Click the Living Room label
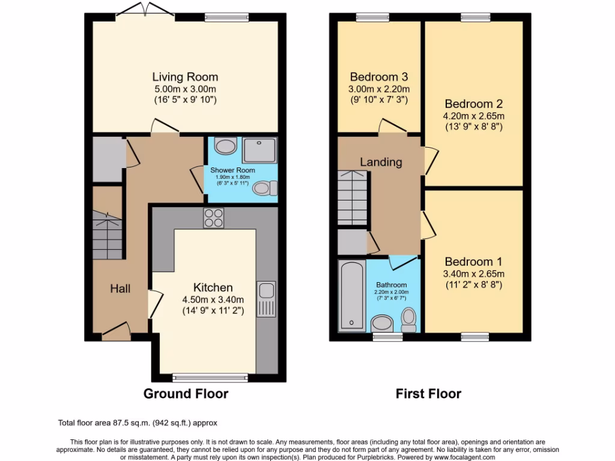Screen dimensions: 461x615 click(x=185, y=77)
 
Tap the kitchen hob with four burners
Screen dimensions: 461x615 click(x=214, y=218)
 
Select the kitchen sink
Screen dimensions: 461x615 click(x=265, y=298)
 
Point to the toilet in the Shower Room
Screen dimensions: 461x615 click(x=265, y=188)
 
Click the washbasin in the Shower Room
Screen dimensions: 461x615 click(x=225, y=146)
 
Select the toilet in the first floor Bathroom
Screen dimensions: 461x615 click(x=409, y=319)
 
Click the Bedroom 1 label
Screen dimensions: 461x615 click(x=473, y=262)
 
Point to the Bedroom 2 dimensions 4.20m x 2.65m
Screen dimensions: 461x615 click(x=473, y=116)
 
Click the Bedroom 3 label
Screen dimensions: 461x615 click(x=379, y=77)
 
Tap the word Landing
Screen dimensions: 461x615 click(x=381, y=162)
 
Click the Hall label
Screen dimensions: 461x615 click(x=120, y=289)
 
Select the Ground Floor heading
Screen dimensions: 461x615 click(x=186, y=394)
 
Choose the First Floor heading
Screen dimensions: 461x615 click(x=428, y=394)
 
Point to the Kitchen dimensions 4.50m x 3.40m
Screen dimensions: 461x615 click(x=213, y=300)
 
